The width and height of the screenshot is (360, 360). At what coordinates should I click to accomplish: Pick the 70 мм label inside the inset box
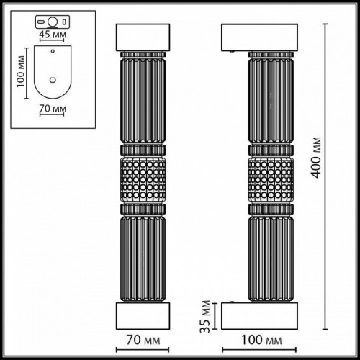[52, 109]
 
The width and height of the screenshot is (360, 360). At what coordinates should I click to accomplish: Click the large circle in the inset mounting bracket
[51, 21]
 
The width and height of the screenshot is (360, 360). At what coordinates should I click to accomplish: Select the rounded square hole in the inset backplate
[53, 80]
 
